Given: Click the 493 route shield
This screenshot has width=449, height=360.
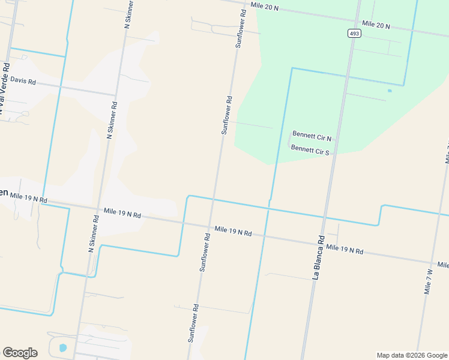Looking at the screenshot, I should pyautogui.click(x=354, y=34).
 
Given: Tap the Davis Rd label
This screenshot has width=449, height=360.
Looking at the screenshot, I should pyautogui.click(x=23, y=81).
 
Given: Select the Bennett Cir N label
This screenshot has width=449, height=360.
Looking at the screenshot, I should pyautogui.click(x=312, y=136).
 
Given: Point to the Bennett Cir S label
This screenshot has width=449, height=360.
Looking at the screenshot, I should pyautogui.click(x=310, y=150).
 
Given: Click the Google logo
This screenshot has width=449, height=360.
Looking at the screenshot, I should pyautogui.click(x=20, y=353).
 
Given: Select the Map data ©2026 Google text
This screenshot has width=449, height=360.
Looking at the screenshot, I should pyautogui.click(x=411, y=355).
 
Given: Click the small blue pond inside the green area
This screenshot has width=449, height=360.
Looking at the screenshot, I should pyautogui.click(x=390, y=91).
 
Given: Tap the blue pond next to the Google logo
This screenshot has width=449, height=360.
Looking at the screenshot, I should pyautogui.click(x=63, y=347).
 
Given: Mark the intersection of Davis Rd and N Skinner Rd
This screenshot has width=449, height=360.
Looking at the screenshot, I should pyautogui.click(x=116, y=94).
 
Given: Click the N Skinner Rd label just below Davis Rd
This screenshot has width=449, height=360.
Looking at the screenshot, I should pyautogui.click(x=112, y=120).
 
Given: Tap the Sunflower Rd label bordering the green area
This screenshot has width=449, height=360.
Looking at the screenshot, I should pyautogui.click(x=226, y=115).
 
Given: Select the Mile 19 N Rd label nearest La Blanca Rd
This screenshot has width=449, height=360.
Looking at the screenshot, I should pyautogui.click(x=345, y=250).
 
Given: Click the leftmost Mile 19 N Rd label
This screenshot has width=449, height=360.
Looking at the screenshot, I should pyautogui.click(x=28, y=197).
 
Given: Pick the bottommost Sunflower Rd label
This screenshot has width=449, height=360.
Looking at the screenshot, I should pyautogui.click(x=193, y=323).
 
